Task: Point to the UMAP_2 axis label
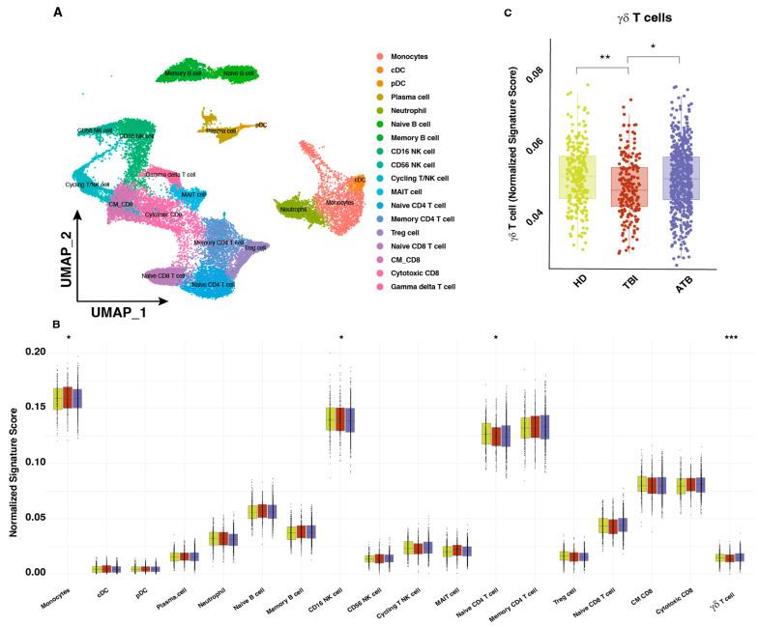click(60, 241)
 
